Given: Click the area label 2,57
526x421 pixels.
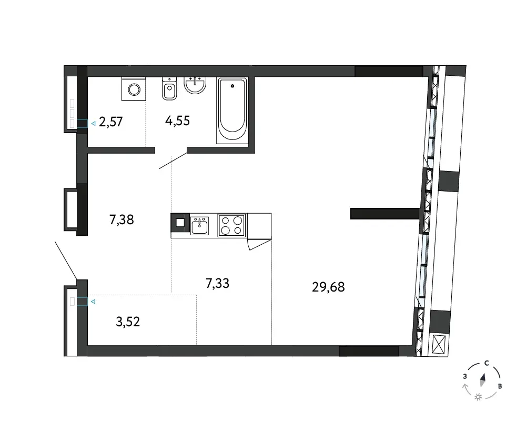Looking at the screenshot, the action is (110, 122).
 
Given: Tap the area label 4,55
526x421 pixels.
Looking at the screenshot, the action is (177, 121).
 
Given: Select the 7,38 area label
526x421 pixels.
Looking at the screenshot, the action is (122, 219).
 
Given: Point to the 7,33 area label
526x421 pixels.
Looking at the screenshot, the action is (217, 283).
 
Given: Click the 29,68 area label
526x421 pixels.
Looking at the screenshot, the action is (328, 287).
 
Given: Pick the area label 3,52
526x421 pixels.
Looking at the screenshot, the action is (128, 322).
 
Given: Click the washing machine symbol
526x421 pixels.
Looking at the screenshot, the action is (134, 89).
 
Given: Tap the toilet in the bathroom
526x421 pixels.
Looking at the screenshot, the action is (169, 88).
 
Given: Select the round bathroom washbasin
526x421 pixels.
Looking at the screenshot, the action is (195, 85).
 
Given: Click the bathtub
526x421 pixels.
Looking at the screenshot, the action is (232, 111).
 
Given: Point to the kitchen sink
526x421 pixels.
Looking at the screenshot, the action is (199, 225).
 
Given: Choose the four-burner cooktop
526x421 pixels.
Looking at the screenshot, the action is (232, 225).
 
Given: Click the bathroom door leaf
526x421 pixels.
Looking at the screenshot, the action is (173, 161).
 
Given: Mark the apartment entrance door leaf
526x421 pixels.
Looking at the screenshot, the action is (66, 260).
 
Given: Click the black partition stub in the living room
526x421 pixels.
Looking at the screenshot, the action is (385, 214).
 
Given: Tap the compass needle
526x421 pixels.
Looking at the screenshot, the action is (483, 380).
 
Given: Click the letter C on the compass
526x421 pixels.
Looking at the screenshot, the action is (487, 363).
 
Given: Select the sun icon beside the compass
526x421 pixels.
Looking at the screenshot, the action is (478, 397).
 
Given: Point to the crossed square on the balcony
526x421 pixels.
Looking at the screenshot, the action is (439, 344).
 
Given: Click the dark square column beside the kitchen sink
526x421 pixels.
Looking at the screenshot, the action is (180, 223).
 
